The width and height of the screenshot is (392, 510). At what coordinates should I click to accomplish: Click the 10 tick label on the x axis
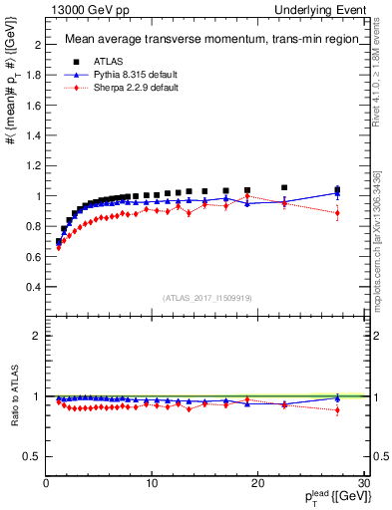pyautogui.click(x=152, y=483)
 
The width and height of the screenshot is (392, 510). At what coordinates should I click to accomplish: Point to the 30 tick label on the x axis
pyautogui.click(x=363, y=483)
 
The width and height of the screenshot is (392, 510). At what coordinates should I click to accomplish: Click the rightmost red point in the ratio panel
pyautogui.click(x=337, y=409)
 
